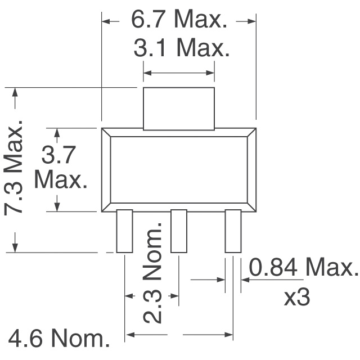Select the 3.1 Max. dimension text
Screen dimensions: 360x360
[x=182, y=49]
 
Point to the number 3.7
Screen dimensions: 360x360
[x=61, y=154]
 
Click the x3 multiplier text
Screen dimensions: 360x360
[x=296, y=298]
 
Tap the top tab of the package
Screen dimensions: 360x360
[x=179, y=108]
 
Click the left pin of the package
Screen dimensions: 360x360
[x=124, y=231]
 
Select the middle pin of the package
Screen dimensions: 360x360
[x=179, y=231]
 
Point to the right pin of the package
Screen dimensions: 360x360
[x=233, y=231]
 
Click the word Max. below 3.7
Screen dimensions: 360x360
[x=61, y=180]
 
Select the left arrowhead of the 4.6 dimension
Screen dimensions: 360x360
[x=129, y=334]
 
